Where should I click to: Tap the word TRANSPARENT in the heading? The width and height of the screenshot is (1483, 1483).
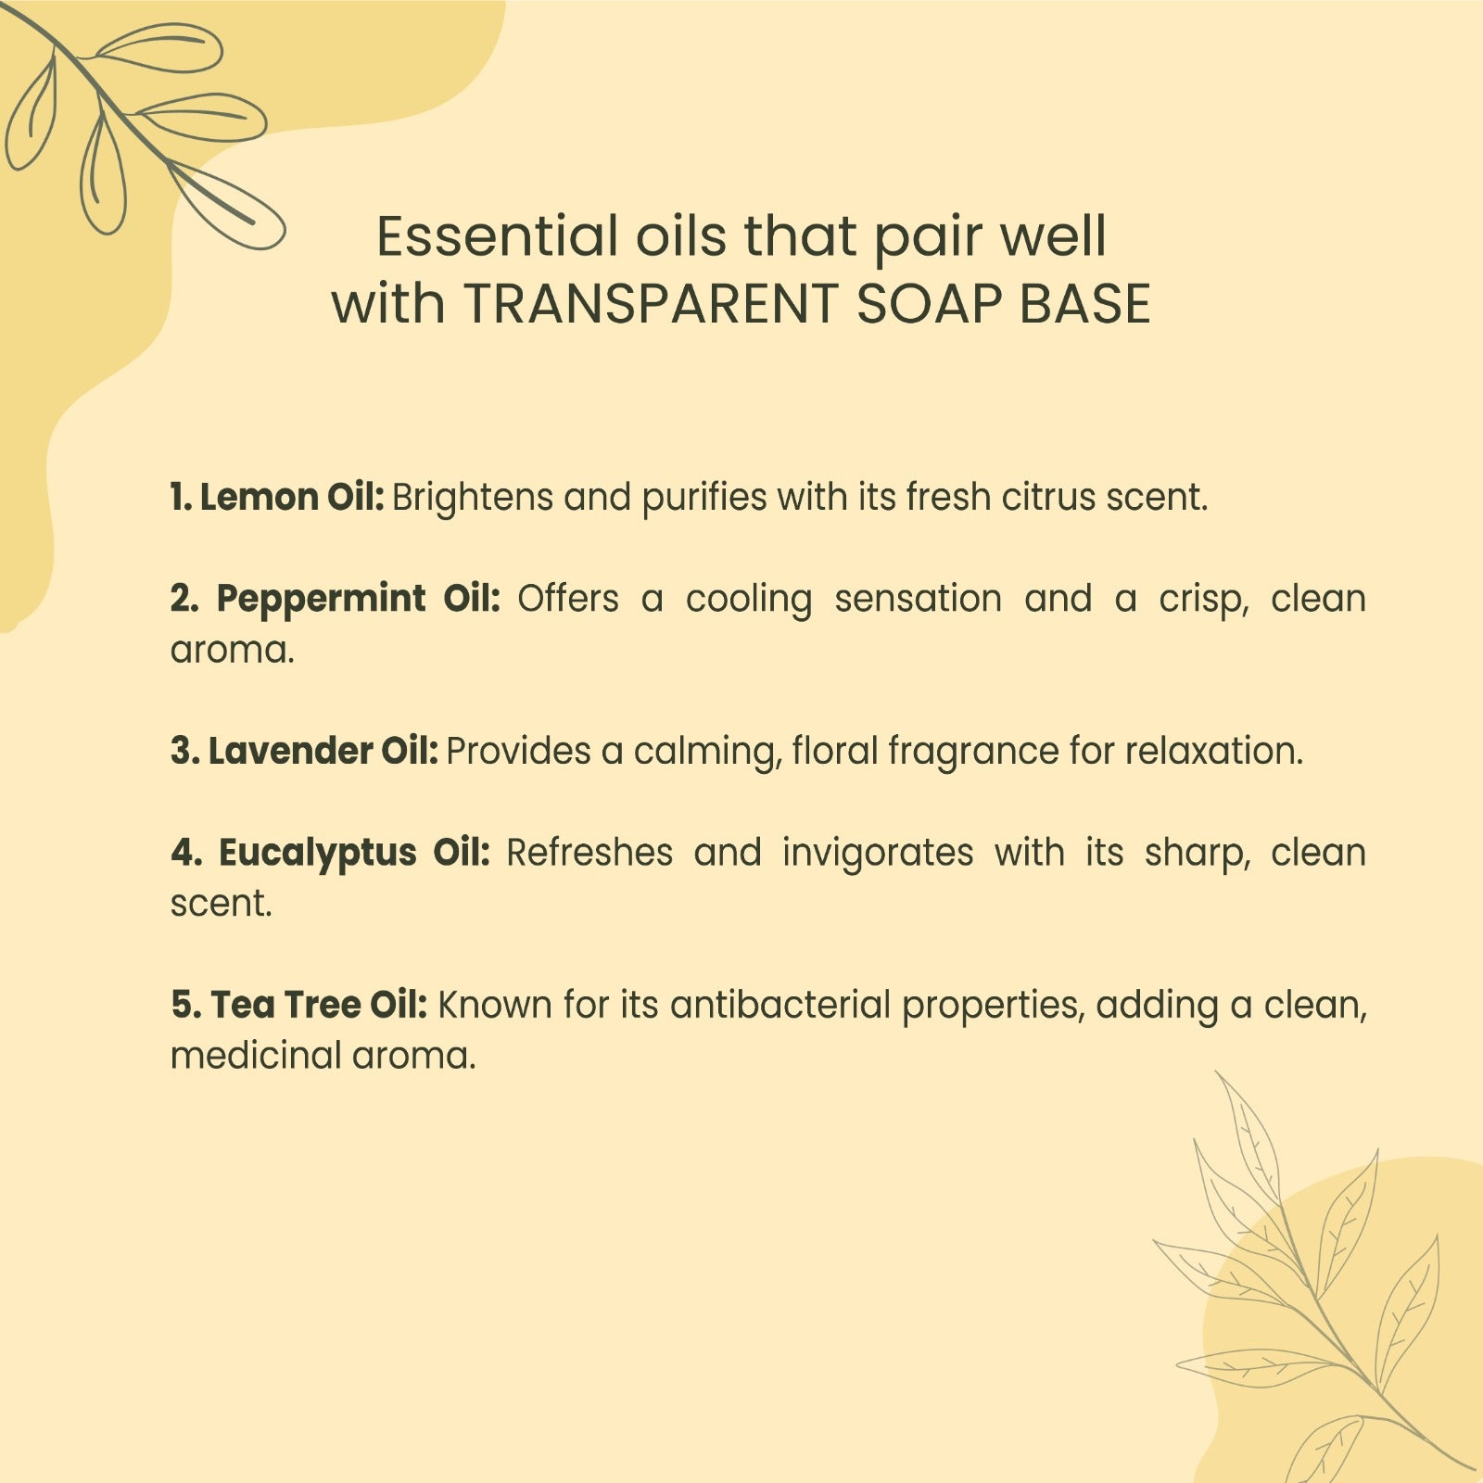click(651, 304)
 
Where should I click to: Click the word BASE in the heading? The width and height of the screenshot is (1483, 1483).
click(1084, 304)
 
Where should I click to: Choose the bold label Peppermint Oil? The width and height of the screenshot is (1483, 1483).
click(359, 600)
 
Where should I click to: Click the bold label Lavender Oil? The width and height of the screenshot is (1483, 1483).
click(323, 751)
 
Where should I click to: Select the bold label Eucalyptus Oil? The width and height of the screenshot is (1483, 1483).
click(354, 853)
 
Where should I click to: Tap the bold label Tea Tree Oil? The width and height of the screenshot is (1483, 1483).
click(320, 1005)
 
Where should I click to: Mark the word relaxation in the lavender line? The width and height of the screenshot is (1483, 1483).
click(1214, 751)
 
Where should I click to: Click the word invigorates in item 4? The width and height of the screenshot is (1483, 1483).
click(878, 854)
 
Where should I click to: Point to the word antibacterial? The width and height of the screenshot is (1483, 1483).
click(780, 1005)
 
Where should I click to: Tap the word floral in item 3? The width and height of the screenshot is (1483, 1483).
click(835, 751)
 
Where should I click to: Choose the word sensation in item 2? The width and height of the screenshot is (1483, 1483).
click(919, 600)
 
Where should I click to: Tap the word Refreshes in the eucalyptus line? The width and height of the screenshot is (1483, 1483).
click(589, 853)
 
